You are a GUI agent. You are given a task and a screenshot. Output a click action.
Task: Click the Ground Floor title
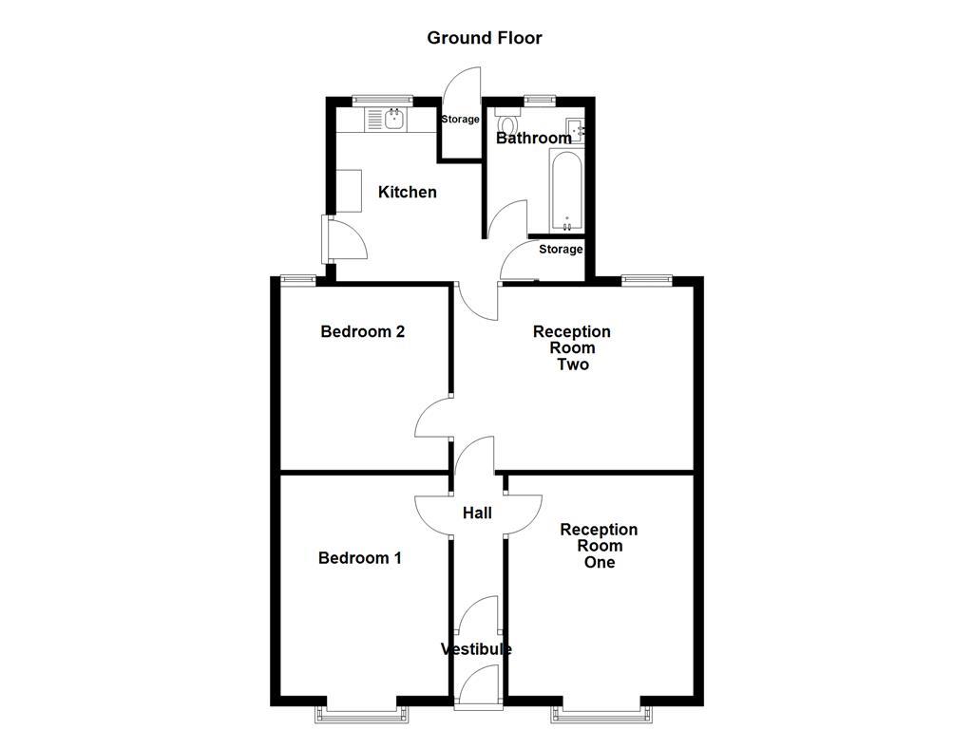pyautogui.click(x=485, y=38)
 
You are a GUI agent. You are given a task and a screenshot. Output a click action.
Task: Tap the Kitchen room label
pyautogui.click(x=408, y=193)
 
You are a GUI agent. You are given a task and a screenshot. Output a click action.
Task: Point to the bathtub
pyautogui.click(x=566, y=196)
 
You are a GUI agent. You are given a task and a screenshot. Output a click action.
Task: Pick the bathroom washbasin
pyautogui.click(x=575, y=131)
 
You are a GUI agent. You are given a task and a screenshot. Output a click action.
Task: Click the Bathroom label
pyautogui.click(x=534, y=139)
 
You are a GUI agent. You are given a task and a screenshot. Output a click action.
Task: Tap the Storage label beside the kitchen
pyautogui.click(x=461, y=120)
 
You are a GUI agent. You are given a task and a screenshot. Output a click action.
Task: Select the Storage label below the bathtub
pyautogui.click(x=561, y=250)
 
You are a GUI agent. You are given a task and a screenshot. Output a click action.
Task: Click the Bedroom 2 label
pyautogui.click(x=362, y=332)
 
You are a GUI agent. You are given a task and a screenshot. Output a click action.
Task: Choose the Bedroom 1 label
pyautogui.click(x=359, y=558)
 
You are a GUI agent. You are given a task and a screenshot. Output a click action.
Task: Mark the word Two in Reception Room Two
pyautogui.click(x=572, y=364)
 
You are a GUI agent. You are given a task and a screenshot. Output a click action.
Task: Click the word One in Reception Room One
pyautogui.click(x=599, y=562)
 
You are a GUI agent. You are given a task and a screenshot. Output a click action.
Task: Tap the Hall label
pyautogui.click(x=477, y=514)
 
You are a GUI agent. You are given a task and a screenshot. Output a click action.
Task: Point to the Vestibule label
pyautogui.click(x=476, y=649)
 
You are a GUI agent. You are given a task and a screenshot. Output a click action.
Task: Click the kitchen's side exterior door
pyautogui.click(x=327, y=239)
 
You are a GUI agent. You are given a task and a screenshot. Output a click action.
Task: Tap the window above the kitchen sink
pyautogui.click(x=382, y=99)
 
